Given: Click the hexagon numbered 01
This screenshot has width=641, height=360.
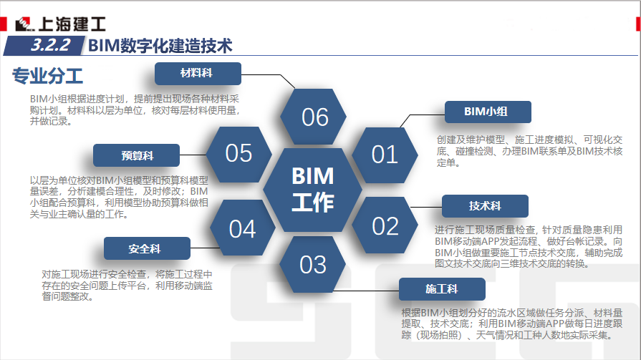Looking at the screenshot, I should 385,154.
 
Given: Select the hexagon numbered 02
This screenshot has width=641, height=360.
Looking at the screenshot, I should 385,226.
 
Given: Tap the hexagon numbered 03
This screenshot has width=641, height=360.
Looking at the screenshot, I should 313,264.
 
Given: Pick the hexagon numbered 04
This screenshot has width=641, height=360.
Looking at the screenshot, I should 242,228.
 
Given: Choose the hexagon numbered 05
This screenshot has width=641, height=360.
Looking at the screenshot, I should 239,153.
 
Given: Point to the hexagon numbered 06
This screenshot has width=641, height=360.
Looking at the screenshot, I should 314,117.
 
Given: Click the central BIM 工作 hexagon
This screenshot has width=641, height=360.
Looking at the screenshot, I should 313,189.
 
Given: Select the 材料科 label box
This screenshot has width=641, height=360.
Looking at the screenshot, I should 199,73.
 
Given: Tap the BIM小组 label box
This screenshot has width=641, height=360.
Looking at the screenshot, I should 487,112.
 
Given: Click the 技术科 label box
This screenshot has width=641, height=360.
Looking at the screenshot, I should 485,206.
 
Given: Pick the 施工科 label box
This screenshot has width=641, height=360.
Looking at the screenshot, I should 442,289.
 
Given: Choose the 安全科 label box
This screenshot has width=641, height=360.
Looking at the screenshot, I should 147,248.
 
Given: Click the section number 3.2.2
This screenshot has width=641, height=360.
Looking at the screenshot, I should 50,45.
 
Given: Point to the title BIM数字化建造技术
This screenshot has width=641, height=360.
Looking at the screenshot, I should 161,46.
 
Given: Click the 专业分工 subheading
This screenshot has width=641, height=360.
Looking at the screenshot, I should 47,75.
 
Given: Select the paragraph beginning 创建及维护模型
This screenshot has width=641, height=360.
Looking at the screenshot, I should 529,151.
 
